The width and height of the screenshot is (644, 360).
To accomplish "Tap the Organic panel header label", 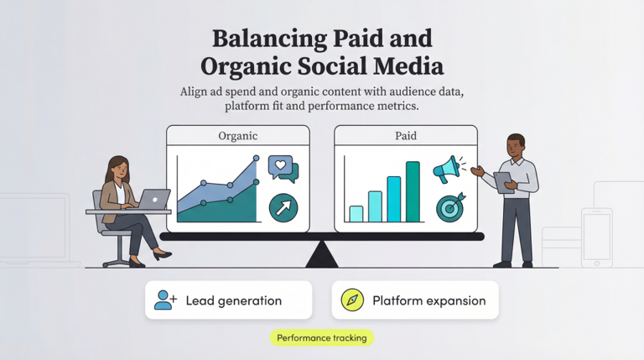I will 237,136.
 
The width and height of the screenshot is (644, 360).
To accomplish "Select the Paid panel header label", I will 405,136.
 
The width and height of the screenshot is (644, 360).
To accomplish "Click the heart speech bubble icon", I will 282,168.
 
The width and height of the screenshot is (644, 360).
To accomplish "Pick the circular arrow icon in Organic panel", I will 283,207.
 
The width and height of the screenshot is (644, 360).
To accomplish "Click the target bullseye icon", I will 450,207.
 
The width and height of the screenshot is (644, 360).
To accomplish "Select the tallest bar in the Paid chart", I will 413,191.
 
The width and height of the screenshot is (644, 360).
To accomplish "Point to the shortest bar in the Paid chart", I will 356,213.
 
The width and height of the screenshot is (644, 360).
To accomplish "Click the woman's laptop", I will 153,199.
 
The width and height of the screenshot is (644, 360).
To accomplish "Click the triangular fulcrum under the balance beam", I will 322,254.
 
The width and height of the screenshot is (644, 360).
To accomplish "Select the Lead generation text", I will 233,300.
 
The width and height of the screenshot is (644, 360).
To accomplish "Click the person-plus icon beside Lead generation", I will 165,300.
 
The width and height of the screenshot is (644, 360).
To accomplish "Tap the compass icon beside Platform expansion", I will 351,300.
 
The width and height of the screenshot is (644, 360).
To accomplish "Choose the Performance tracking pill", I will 322,337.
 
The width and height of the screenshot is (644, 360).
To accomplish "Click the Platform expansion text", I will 428,300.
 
